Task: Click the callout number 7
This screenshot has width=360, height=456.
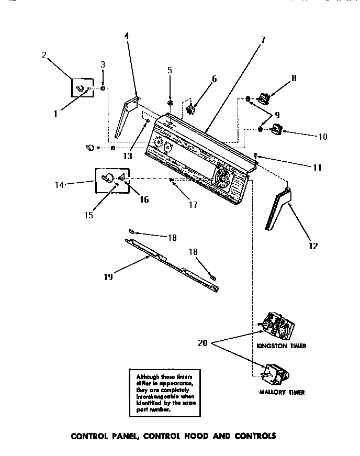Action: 262,40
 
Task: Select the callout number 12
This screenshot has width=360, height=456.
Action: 313,246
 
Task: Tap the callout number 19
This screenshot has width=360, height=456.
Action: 108,277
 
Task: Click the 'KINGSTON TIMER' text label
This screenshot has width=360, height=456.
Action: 281,346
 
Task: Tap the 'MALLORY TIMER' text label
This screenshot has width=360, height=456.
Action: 282,392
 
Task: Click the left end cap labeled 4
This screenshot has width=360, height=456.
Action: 126,118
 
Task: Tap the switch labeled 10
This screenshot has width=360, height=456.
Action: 275,128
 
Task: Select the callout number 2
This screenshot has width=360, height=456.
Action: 44,54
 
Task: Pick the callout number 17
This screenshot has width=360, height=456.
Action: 193,205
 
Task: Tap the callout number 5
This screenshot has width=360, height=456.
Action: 170,70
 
